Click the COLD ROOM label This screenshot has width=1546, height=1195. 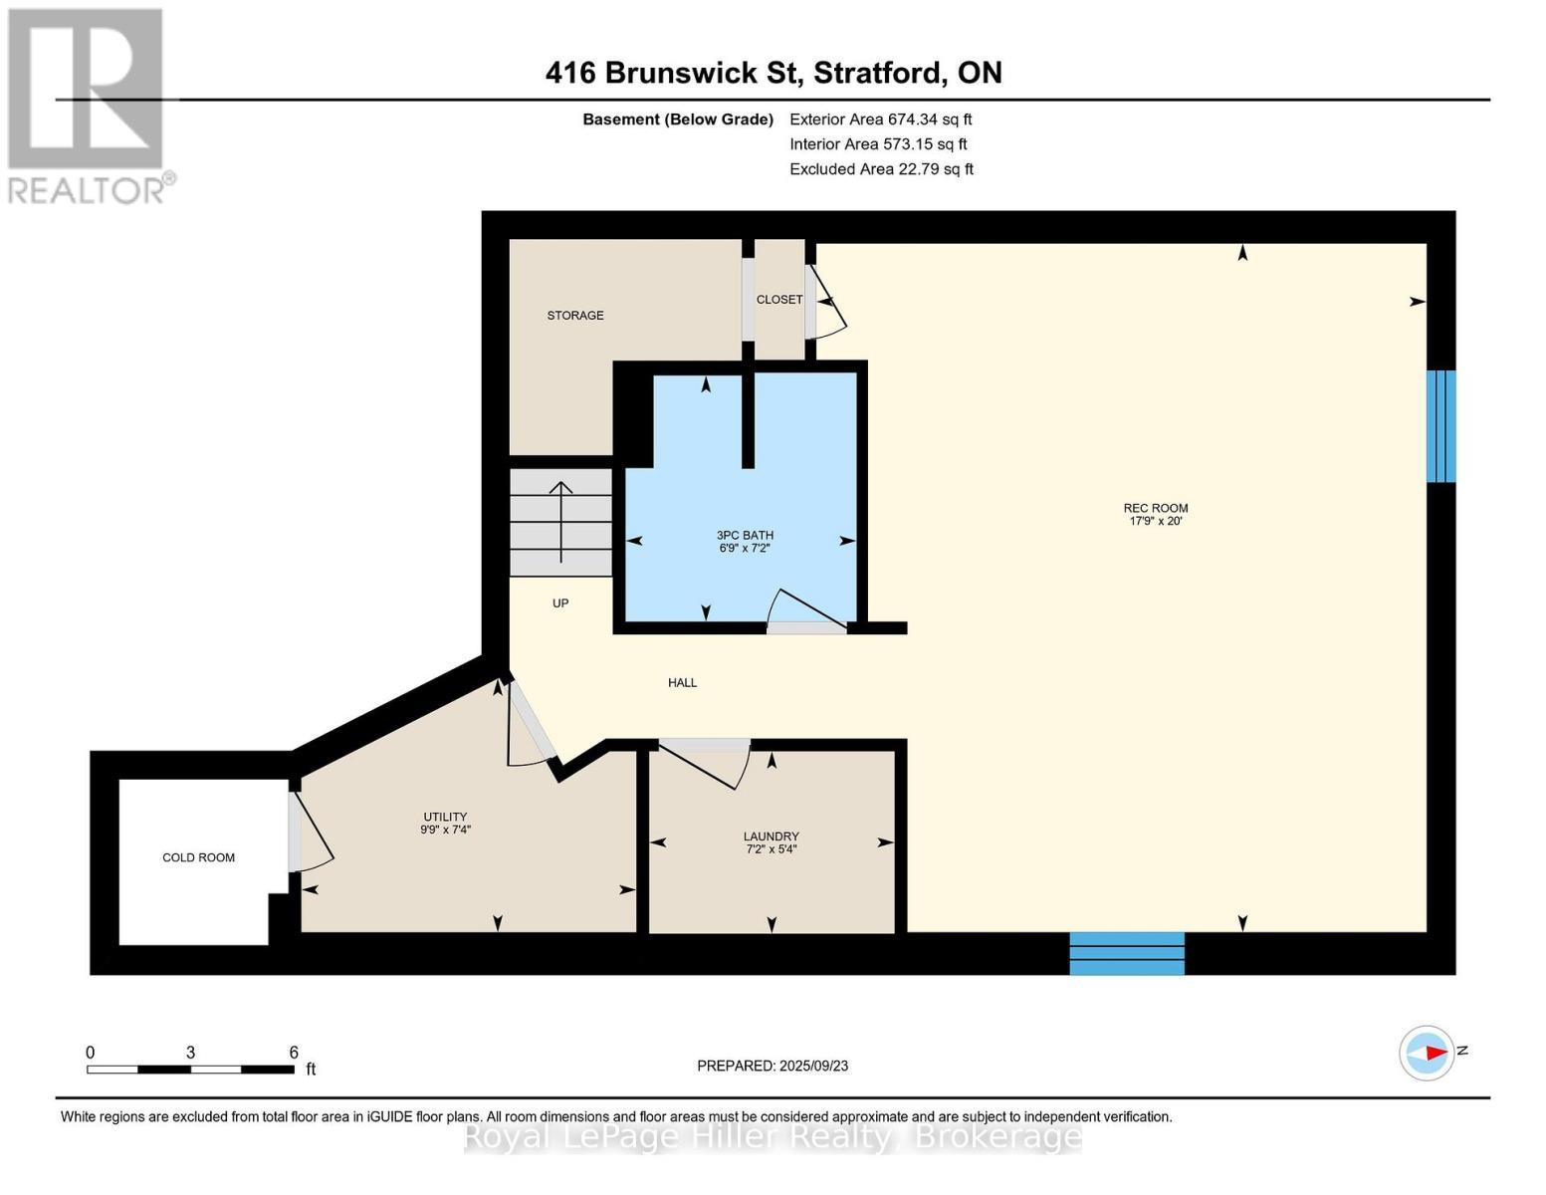[x=198, y=857]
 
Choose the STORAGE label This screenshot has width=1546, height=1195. [x=574, y=316]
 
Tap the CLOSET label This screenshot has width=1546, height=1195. [x=778, y=300]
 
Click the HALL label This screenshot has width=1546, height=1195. [x=682, y=683]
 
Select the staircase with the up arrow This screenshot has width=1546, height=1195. [x=560, y=523]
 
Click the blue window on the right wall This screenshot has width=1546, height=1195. [x=1440, y=426]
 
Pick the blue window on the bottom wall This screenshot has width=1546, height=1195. [x=1127, y=953]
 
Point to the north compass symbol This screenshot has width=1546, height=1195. [x=1427, y=1053]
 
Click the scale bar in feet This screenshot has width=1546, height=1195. [x=190, y=1069]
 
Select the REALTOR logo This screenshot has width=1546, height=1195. [x=88, y=105]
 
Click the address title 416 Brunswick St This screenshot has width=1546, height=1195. [x=773, y=73]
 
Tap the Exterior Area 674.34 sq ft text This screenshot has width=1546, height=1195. [x=880, y=119]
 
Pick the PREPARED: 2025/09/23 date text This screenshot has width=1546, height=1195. [x=773, y=1066]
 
